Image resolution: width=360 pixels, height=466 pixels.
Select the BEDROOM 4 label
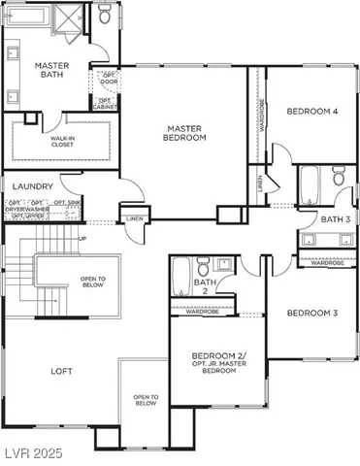pos(311,112)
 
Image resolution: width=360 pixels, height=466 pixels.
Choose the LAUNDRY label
pos(32,184)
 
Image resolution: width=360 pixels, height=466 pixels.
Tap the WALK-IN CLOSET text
pos(62,142)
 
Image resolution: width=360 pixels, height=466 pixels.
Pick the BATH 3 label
pos(335,219)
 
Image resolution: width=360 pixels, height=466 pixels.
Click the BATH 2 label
pos(204,287)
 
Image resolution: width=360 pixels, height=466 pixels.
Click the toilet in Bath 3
pos(338,178)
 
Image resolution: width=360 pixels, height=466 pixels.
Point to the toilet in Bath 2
pos(203,266)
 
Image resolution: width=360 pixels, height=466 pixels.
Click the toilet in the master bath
pos(105,15)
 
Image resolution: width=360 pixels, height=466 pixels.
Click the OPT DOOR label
pos(108,79)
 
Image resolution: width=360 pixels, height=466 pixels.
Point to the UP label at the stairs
pos(82,238)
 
